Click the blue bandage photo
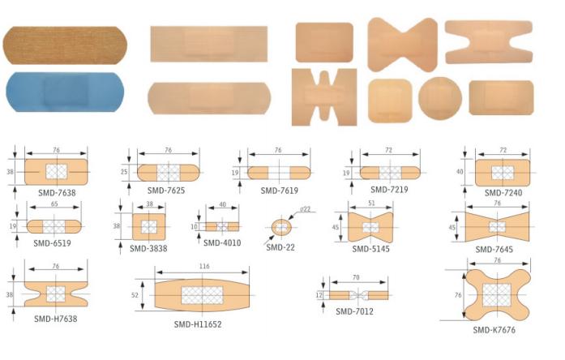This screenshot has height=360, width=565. (x=65, y=92)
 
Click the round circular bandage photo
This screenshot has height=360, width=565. (x=440, y=98)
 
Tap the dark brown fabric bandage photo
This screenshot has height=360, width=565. (x=65, y=45)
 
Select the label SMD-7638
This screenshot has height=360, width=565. (x=57, y=193)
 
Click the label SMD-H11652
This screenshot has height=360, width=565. (x=198, y=324)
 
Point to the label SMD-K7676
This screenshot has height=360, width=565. (x=494, y=330)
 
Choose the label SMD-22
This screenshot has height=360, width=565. (x=280, y=247)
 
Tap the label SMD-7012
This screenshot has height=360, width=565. (x=354, y=311)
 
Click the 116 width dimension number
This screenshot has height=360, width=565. (x=204, y=266)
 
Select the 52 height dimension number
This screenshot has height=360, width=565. (x=135, y=295)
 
